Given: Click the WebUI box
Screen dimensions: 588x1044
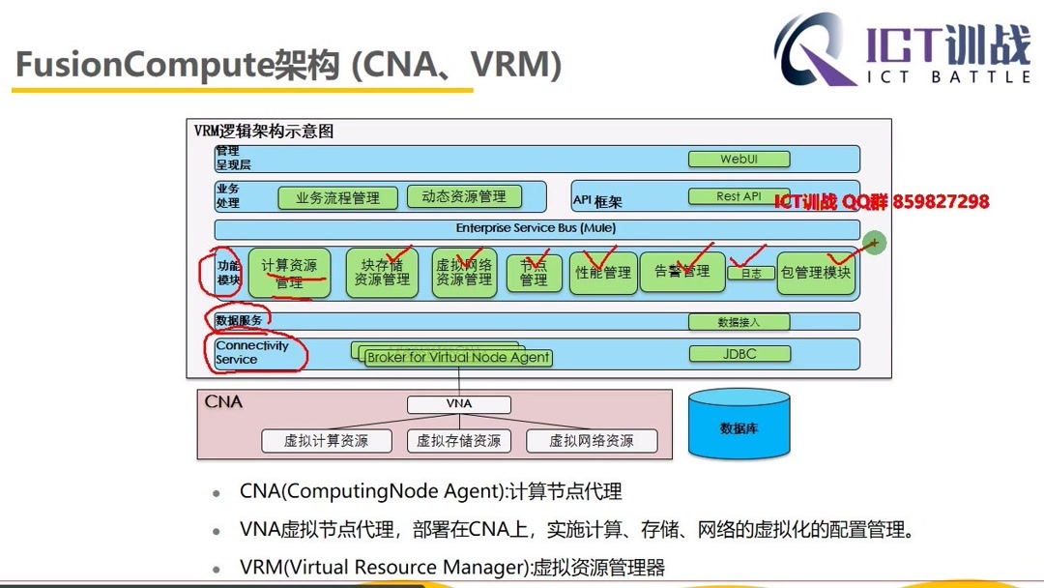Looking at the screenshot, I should (739, 160).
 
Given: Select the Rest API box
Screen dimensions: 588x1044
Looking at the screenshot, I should (739, 196).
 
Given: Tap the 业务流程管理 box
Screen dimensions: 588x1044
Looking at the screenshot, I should (337, 198).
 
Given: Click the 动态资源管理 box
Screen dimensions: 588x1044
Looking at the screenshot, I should (464, 196).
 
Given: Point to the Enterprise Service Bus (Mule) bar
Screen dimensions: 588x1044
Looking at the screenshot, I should (536, 229).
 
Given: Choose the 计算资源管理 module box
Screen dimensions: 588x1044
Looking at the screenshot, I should (289, 274).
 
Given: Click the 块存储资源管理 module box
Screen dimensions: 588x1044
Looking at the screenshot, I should (382, 273).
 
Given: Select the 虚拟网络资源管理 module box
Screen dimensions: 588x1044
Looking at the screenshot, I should (464, 273).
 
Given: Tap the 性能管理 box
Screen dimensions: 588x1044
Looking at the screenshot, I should (603, 273).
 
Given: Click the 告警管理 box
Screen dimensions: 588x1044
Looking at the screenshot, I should (681, 272).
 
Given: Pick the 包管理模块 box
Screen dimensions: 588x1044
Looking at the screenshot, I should (816, 273).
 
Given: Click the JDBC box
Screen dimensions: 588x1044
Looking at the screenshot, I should (739, 355).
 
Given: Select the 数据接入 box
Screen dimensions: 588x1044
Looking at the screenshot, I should (739, 322).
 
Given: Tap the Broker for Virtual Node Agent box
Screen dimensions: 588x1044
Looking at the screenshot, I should (458, 358).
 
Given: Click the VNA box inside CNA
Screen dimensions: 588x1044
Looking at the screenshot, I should (459, 404).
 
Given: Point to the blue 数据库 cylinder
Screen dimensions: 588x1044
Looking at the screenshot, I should (739, 425).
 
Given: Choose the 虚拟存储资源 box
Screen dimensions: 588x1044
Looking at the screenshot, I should (459, 441).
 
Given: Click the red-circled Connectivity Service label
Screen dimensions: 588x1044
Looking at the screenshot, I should (253, 352).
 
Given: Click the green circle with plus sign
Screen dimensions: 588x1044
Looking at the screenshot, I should (874, 243).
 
